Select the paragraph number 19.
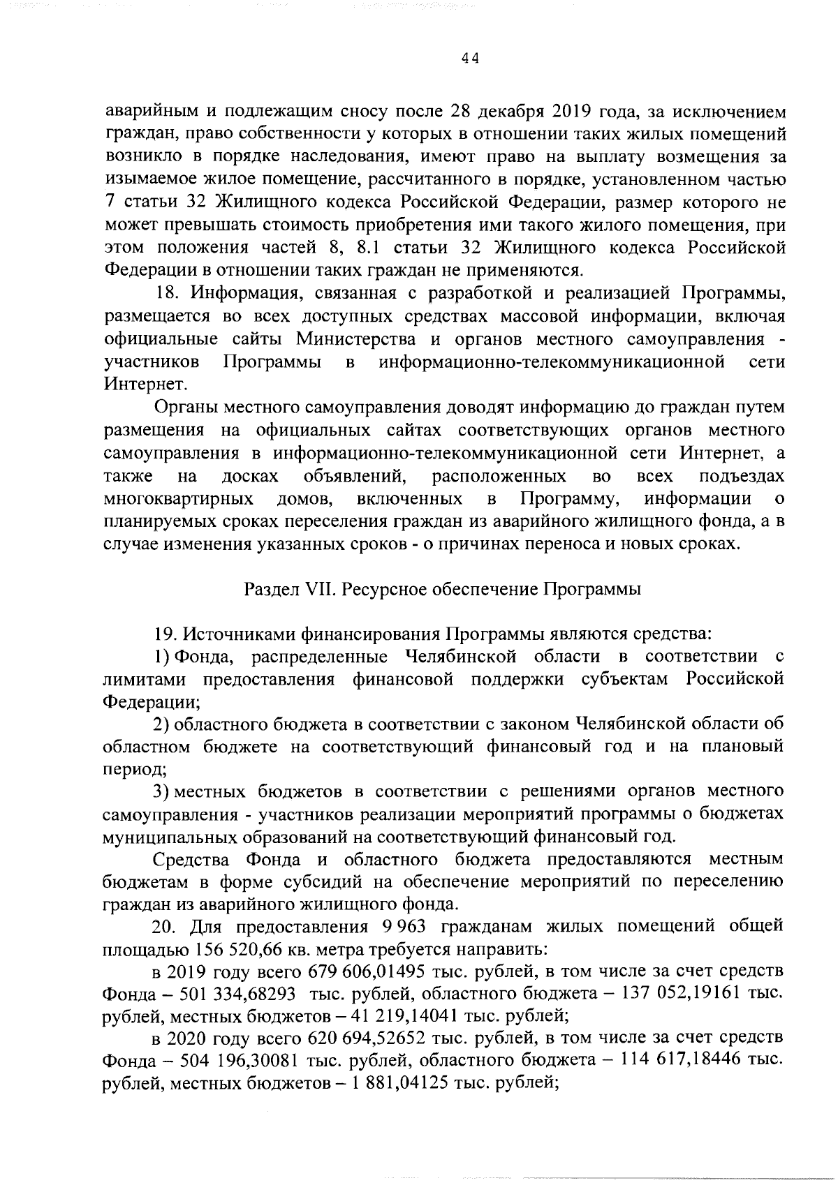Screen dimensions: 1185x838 (165, 634)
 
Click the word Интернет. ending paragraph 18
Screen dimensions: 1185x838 (135, 385)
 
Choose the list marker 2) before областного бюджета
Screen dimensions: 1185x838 (161, 724)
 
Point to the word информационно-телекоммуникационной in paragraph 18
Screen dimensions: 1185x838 (551, 362)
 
